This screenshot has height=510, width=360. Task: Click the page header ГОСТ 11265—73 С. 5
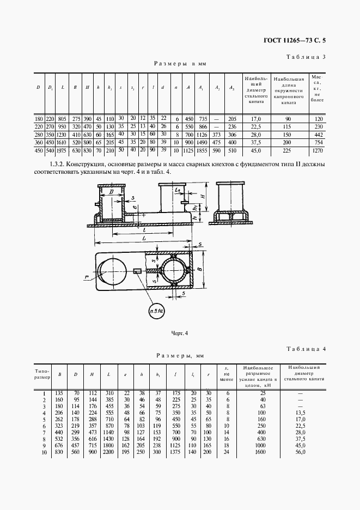point(295,40)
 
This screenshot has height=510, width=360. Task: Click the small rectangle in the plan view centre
point(137,270)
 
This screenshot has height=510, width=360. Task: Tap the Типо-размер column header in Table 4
point(42,373)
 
